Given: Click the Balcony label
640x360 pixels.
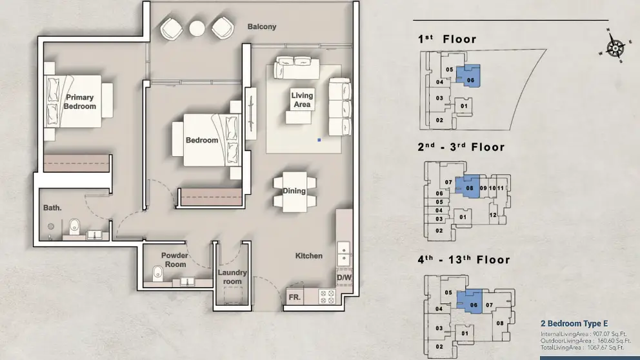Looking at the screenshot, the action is (x=262, y=26).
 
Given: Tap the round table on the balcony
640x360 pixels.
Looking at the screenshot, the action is (x=197, y=28).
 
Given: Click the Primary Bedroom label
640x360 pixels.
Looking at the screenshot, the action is (x=79, y=102).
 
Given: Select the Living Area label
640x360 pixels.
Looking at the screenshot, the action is (x=302, y=99).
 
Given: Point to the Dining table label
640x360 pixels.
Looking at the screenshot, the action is (x=294, y=190).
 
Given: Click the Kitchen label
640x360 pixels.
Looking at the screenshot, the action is (x=309, y=256).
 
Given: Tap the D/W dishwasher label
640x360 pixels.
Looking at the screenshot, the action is (x=344, y=277).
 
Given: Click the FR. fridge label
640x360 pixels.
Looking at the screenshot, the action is (x=295, y=297).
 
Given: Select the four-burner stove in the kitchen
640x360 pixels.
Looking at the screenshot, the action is (x=327, y=297).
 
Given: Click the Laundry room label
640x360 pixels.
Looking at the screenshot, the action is (x=232, y=277).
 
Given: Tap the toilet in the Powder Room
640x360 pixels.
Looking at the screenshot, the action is (x=157, y=274).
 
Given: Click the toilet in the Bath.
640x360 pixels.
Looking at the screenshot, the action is (x=74, y=226).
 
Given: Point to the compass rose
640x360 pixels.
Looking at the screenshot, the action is (x=615, y=47).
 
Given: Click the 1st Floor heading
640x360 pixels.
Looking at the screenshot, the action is (x=447, y=39).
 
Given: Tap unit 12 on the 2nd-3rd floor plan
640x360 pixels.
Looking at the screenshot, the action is (x=493, y=215).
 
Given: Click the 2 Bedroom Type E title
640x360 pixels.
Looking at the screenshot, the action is (x=574, y=324).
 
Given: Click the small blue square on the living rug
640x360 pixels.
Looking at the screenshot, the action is (x=319, y=140).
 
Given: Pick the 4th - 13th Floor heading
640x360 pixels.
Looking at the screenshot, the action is (x=464, y=259).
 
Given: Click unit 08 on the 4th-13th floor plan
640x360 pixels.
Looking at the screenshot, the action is (x=500, y=323).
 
